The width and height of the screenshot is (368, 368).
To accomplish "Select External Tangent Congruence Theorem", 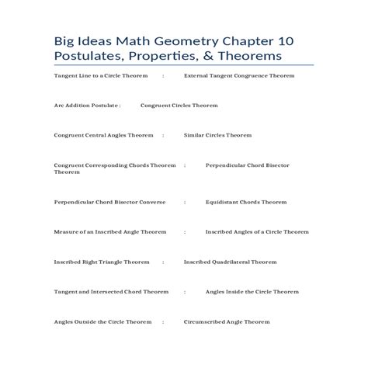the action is (239, 77).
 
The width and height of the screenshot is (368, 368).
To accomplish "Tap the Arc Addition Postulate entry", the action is (87, 104).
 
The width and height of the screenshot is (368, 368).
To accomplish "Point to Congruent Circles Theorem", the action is (179, 104).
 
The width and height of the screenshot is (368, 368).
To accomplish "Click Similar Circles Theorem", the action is (217, 134).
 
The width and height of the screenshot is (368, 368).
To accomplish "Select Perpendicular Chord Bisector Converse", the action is (109, 201).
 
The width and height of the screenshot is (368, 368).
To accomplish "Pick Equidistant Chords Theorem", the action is (246, 201).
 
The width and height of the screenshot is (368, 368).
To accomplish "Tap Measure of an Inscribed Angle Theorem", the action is (110, 231).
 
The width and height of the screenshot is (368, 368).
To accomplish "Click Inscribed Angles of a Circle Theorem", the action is (257, 231).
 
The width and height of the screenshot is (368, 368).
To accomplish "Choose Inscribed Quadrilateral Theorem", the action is (230, 262).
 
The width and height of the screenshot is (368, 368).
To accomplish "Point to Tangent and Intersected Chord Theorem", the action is (111, 292).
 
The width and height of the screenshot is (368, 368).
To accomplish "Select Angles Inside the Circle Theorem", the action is (252, 292).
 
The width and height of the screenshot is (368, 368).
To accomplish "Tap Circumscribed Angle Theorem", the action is (226, 321).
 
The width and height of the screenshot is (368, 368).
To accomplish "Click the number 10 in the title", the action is (294, 40).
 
